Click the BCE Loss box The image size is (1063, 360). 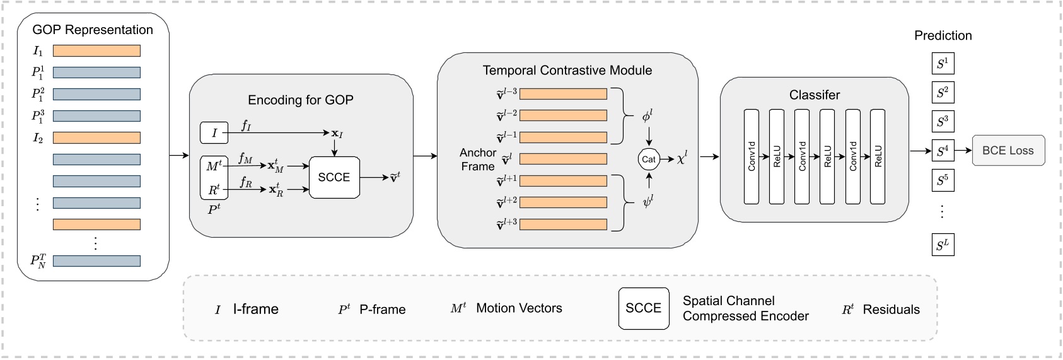click(1008, 151)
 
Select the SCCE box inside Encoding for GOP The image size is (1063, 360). click(334, 177)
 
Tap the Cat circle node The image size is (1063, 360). click(648, 160)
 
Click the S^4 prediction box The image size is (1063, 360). click(943, 151)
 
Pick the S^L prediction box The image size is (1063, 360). click(943, 245)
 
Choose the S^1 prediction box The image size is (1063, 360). click(943, 64)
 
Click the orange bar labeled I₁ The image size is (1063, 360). click(96, 51)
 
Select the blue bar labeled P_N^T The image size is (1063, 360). click(96, 260)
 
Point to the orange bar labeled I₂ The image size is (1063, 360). click(96, 138)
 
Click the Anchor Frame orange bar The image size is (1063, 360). click(562, 159)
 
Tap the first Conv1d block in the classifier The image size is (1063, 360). click(751, 156)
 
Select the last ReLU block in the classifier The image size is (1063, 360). click(878, 156)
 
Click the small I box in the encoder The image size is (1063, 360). click(214, 133)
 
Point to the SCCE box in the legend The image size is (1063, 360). click(643, 308)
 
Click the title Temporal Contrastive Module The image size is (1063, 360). click(567, 71)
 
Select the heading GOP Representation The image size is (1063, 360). click(93, 30)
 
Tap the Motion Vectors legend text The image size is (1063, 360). click(518, 308)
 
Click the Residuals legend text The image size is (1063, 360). click(890, 310)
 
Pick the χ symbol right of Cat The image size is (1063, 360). click(682, 159)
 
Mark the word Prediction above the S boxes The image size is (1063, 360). click(943, 36)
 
